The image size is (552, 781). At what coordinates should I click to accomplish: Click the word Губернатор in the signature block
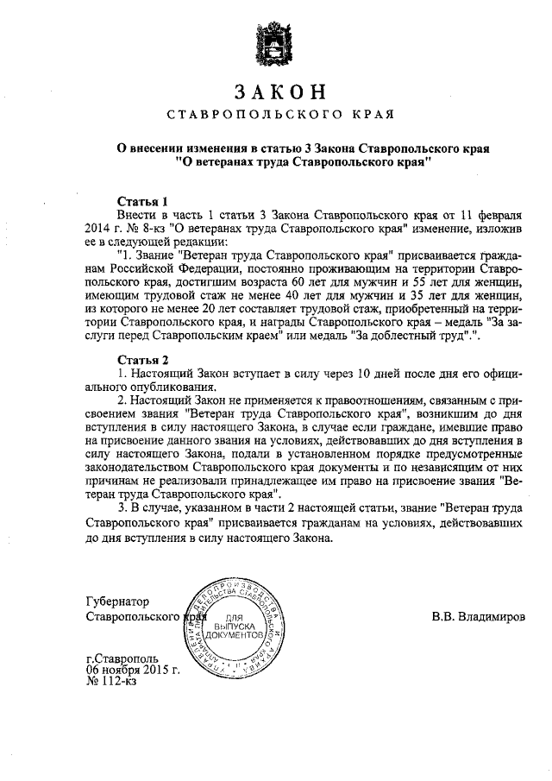pyautogui.click(x=118, y=601)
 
